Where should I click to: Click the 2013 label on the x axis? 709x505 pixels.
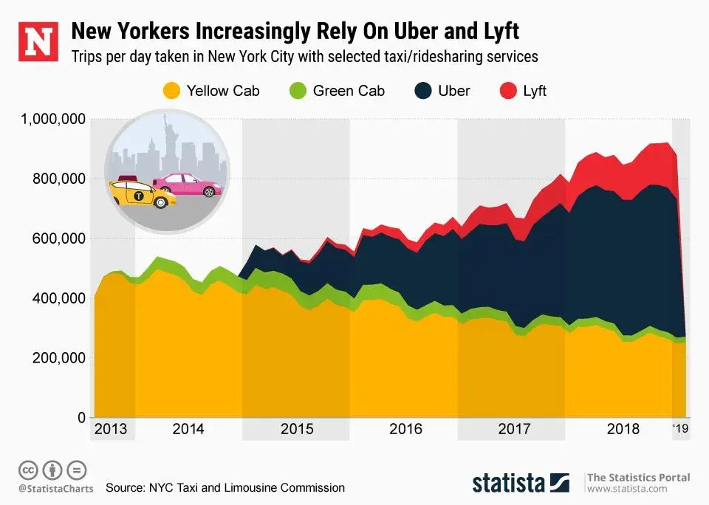click(111, 429)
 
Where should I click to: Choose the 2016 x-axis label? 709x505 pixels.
click(405, 429)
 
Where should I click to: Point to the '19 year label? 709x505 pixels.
click(680, 429)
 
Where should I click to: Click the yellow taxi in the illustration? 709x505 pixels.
click(141, 194)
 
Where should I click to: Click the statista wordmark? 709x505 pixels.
click(510, 484)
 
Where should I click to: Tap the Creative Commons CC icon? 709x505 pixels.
click(28, 470)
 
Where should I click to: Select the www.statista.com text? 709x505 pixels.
click(623, 489)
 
